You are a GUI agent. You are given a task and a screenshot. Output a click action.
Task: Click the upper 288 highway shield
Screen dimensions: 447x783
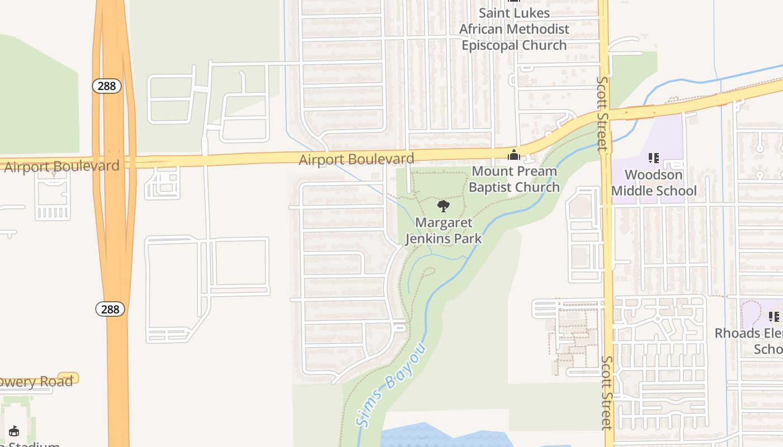coord(107,85)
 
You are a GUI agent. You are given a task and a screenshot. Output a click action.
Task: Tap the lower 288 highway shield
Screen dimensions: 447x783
coord(110,309)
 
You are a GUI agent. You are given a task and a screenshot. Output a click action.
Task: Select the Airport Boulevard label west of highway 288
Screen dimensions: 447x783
coord(62,167)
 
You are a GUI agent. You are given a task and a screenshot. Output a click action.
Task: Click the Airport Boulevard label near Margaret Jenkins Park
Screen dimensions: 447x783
coord(356,159)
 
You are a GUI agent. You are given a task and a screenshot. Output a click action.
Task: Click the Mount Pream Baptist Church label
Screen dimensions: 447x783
coord(514,179)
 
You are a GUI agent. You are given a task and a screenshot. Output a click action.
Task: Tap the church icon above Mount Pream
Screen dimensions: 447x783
coord(513,155)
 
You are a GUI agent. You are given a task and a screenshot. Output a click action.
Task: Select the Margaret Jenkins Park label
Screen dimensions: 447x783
coord(444,230)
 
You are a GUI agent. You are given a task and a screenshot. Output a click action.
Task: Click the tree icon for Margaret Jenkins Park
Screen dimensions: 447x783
coord(444,207)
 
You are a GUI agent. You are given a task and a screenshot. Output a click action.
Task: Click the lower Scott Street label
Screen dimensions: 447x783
coord(607,393)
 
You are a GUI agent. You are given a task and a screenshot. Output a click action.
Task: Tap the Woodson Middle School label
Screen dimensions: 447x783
coord(654,183)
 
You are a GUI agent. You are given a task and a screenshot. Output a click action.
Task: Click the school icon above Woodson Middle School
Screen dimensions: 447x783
coord(653,159)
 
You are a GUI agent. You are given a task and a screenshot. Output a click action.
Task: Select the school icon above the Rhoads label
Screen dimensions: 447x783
coord(774,317)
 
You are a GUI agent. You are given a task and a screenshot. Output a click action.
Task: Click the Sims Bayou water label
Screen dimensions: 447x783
coord(391,386)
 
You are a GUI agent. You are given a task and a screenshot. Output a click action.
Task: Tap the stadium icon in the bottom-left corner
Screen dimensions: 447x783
coord(14,431)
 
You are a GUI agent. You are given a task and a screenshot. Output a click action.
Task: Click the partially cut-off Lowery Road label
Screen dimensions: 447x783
coord(36,382)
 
